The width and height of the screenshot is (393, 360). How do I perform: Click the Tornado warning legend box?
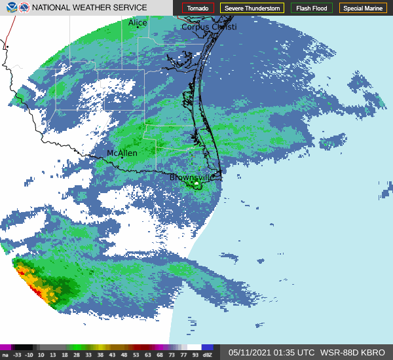pos(198,8)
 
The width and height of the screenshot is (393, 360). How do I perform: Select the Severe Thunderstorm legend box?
pos(252,8)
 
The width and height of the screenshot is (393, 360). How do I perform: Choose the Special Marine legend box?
pos(364,8)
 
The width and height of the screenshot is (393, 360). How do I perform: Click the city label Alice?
pos(138,23)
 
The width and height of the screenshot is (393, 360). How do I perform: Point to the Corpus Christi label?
pos(209,27)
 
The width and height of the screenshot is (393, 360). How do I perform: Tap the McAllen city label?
pos(122,153)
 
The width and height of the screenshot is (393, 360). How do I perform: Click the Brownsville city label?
pos(192,177)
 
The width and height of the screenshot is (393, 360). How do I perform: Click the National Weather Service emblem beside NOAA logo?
pos(24,8)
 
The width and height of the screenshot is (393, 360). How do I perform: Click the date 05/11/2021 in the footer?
pos(252,352)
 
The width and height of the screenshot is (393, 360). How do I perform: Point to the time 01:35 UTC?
pos(298,352)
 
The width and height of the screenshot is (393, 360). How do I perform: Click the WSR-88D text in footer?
pos(339,352)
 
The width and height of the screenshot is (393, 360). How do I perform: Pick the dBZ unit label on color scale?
pos(208,355)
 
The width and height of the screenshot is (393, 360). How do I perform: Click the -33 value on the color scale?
pos(17,355)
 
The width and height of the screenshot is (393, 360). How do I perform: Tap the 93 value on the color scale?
pos(195,355)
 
